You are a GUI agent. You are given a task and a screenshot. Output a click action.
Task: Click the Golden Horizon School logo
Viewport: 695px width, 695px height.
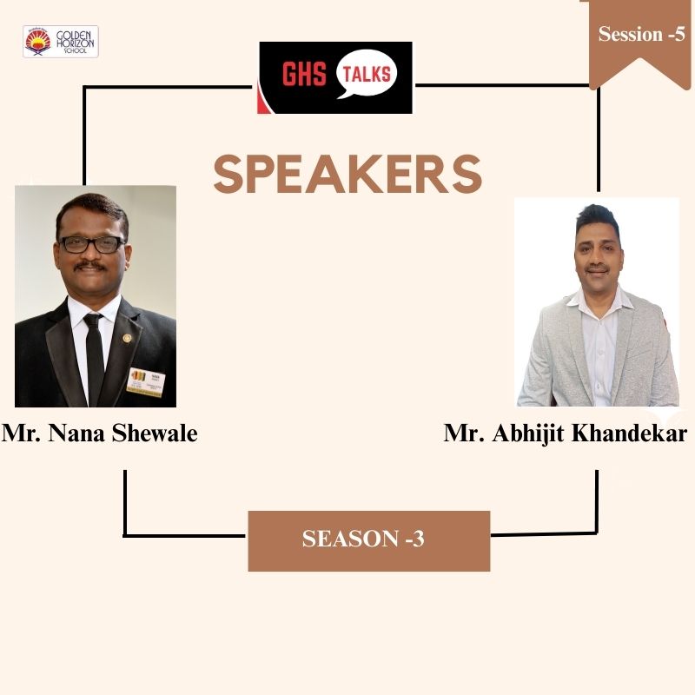tap(60, 42)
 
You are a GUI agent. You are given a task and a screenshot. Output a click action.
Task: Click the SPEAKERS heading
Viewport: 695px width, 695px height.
tap(347, 174)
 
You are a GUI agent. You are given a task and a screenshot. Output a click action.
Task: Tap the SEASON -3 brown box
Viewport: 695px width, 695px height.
tap(368, 539)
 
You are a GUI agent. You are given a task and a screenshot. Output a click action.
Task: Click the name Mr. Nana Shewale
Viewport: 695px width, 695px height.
tap(100, 433)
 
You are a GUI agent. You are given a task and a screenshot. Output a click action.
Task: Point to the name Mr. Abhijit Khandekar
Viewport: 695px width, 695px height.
tap(565, 433)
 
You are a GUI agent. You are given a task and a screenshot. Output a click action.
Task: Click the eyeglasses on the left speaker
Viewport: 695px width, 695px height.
tap(92, 244)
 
